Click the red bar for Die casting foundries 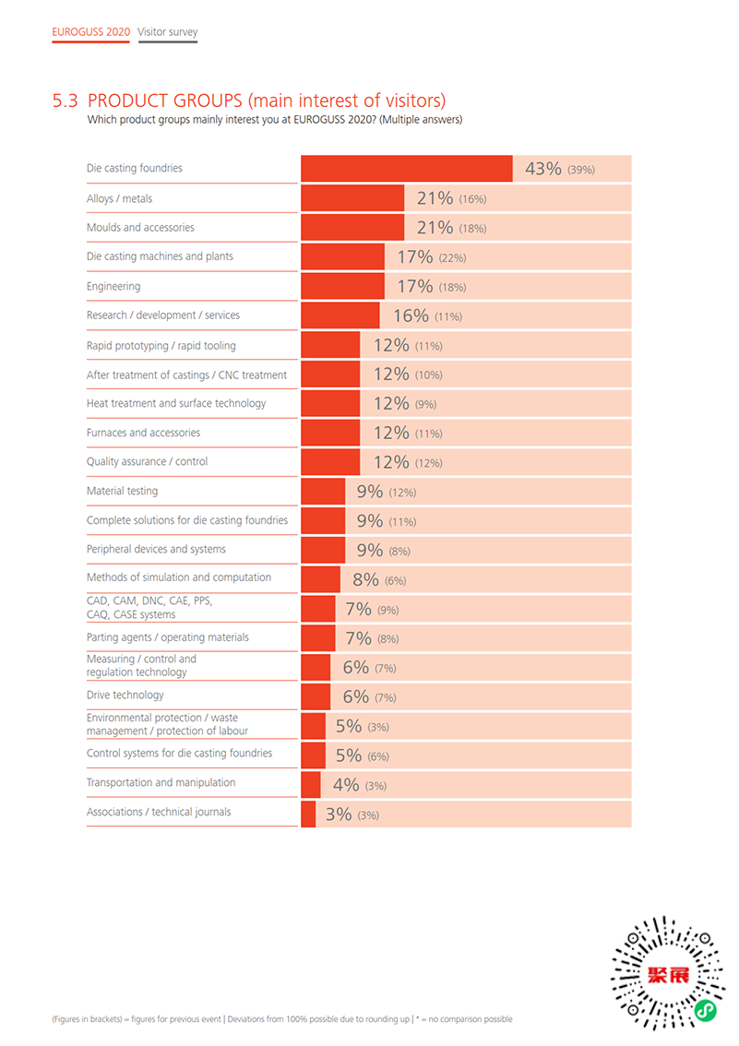click(406, 169)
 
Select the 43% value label click(543, 169)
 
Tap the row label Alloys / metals click(120, 198)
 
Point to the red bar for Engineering click(342, 286)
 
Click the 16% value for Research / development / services click(411, 315)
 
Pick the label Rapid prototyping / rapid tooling click(161, 345)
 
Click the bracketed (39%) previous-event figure click(581, 170)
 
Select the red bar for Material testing click(323, 492)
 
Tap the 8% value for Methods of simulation click(365, 580)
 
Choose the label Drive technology click(125, 695)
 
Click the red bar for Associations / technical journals click(308, 813)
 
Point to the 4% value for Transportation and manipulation click(346, 785)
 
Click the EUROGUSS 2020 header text click(91, 31)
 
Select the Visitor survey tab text click(168, 31)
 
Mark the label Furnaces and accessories click(143, 433)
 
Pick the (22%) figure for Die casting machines click(452, 258)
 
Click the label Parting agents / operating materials click(168, 637)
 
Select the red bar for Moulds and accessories click(352, 228)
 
